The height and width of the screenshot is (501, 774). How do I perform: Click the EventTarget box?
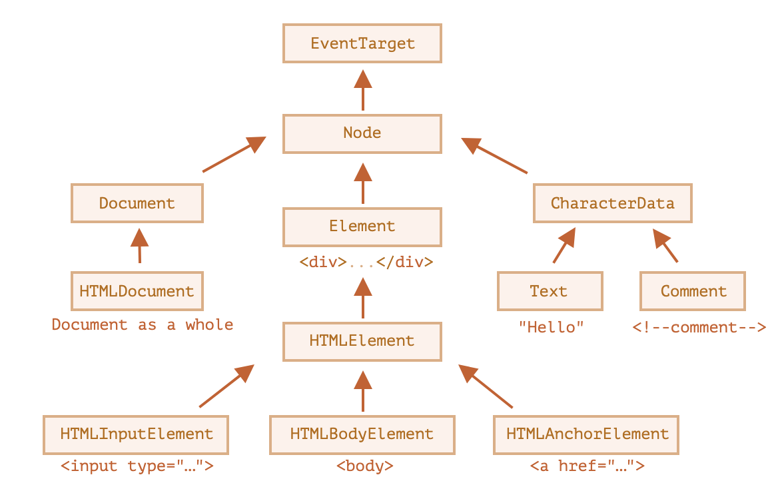362,44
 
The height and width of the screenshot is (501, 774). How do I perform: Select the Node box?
362,133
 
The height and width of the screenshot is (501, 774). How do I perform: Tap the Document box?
137,204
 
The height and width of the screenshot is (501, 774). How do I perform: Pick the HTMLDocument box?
137,292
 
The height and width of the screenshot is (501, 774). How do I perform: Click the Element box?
362,227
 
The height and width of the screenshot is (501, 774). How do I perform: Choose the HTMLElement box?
362,341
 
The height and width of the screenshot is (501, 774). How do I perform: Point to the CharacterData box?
613,204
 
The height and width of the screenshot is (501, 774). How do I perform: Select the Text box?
550,292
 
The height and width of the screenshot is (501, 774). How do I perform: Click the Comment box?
693,292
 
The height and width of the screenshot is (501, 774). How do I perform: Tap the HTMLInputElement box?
137,434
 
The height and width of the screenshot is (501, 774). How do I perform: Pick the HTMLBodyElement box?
362,434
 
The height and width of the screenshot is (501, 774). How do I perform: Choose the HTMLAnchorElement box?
587,434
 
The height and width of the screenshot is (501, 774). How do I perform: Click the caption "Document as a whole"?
143,325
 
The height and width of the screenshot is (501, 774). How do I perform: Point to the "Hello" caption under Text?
551,326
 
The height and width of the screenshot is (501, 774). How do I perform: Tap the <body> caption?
365,466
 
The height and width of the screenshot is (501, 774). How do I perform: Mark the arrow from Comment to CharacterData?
665,246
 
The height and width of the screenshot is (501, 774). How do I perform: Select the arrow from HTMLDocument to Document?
139,247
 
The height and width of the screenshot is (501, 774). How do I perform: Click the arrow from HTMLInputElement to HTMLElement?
227,386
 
